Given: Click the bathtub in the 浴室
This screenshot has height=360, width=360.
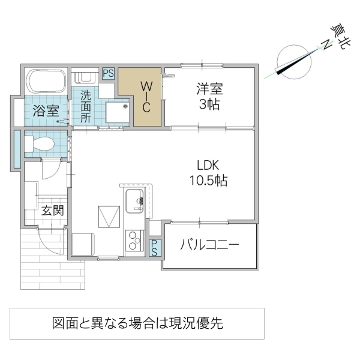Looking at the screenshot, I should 47,80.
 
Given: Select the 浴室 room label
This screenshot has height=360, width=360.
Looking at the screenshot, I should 46,111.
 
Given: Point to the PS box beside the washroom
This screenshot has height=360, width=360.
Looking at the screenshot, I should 109,74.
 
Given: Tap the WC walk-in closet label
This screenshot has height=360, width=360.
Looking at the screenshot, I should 146,96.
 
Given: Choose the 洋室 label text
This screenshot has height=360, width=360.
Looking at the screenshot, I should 209,89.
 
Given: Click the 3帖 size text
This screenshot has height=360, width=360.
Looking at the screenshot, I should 209,105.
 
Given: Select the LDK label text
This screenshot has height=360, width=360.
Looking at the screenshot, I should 210,165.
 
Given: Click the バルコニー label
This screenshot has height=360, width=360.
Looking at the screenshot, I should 210,245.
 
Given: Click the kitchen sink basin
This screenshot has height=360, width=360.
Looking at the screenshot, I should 134,200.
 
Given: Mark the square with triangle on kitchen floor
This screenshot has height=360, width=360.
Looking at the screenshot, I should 109,217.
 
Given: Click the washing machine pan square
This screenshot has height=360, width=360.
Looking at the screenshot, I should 117,113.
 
